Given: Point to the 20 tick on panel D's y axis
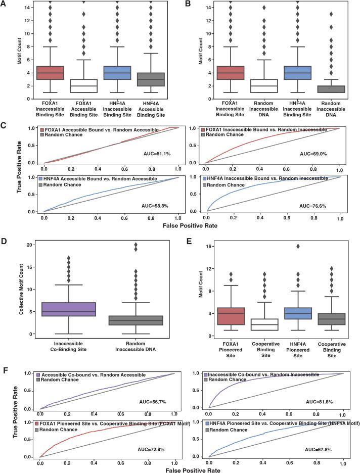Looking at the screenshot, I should (29, 245).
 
